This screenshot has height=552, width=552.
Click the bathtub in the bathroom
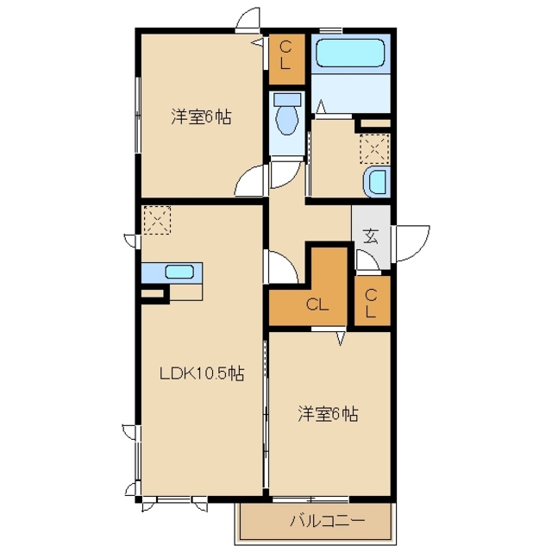coord(350,53)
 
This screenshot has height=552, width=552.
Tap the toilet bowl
coord(286,121)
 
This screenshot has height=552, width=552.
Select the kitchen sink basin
coord(179,273)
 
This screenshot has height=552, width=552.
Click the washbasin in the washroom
coord(378,182)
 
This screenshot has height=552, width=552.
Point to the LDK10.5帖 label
coord(202,373)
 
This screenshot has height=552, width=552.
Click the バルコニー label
coord(328,520)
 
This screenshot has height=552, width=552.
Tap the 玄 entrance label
coord(371,236)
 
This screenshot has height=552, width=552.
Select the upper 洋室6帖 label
coord(201,117)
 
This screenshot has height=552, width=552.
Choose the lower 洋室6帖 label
coord(328,414)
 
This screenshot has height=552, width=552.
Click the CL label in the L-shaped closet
coord(317,304)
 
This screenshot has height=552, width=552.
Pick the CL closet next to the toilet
coord(286,60)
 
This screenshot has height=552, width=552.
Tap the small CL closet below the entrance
coord(373,301)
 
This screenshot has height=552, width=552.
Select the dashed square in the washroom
coord(375,149)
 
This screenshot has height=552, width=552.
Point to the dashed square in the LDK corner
coord(157,220)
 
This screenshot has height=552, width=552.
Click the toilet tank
coord(287,99)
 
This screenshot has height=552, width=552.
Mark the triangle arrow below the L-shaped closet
coord(340,338)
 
